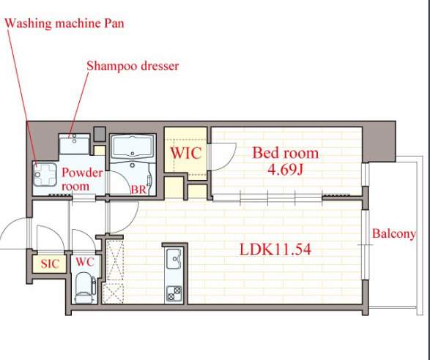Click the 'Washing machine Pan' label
pos(64,23)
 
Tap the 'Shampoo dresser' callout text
pos(133,66)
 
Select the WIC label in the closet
pos(186,153)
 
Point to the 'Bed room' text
pos(286,153)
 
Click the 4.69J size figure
pos(285,170)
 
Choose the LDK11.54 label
pos(275,250)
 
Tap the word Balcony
pos(394,234)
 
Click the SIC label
pos(50,264)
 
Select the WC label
pos(85,262)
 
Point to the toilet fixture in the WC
pos(85,288)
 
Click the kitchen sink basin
pos(174,259)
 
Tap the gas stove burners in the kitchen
pos(174,293)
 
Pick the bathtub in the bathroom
pos(133,146)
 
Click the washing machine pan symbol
pos(45,174)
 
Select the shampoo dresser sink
pos(74,144)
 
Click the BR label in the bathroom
pos(138,190)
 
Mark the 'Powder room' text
pos(82,179)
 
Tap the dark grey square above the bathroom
pos(100,134)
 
